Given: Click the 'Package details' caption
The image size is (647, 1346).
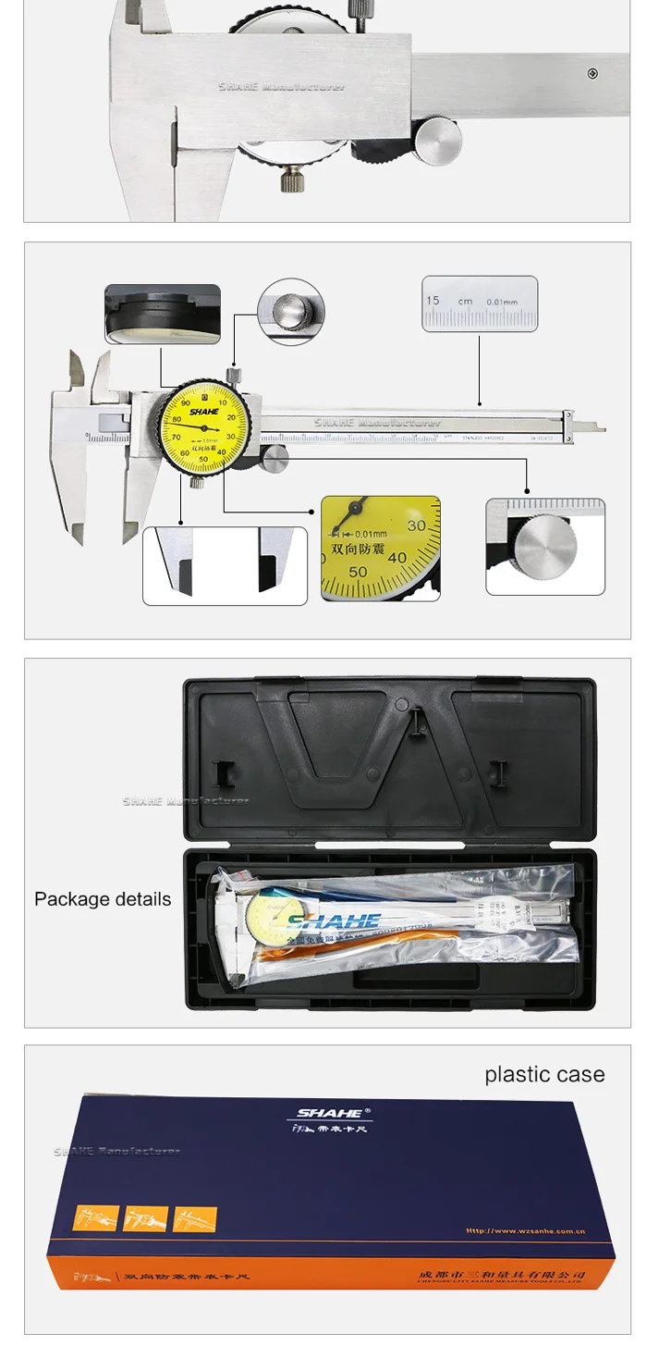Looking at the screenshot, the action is pos(103,899).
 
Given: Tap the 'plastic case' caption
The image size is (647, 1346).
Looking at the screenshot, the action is pos(544,1074).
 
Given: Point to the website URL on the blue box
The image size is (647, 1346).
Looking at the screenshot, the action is pos(525,1231).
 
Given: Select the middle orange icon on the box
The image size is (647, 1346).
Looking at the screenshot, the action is pos(145,1218).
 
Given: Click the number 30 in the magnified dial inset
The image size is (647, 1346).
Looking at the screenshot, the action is pos(417,525).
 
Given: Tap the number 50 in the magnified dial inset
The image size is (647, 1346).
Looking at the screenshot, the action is pos(358,572).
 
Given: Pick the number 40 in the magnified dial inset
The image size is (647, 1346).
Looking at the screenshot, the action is pos(397,558).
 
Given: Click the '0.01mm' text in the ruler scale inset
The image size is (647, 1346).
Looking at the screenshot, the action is pos(503,301).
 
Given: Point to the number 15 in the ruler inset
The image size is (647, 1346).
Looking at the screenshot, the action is pos(433,301).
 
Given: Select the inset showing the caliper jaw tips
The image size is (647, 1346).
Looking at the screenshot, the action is pos(225,566).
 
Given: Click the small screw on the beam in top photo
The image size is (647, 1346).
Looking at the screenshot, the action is pos(592,74).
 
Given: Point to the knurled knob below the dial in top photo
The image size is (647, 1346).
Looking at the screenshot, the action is pos(294,177).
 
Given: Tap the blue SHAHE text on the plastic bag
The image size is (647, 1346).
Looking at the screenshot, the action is pos(334,920).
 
